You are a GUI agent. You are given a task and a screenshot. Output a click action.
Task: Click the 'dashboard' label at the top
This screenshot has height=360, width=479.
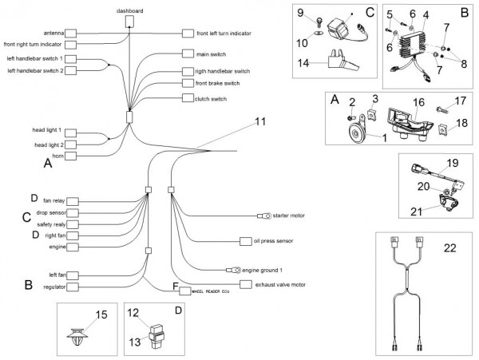[130, 11]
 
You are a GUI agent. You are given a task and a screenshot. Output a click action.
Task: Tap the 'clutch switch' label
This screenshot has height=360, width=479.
[211, 99]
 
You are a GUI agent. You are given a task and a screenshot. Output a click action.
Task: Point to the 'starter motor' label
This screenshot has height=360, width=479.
[289, 216]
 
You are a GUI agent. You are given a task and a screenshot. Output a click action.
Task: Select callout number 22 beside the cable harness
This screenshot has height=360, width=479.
[449, 247]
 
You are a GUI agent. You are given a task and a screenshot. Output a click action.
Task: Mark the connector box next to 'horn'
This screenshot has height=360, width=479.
[70, 156]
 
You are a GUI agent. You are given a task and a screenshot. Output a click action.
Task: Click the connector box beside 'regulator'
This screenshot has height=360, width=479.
[70, 287]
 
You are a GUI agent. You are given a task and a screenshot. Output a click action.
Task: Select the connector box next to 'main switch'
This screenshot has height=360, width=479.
[188, 54]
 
